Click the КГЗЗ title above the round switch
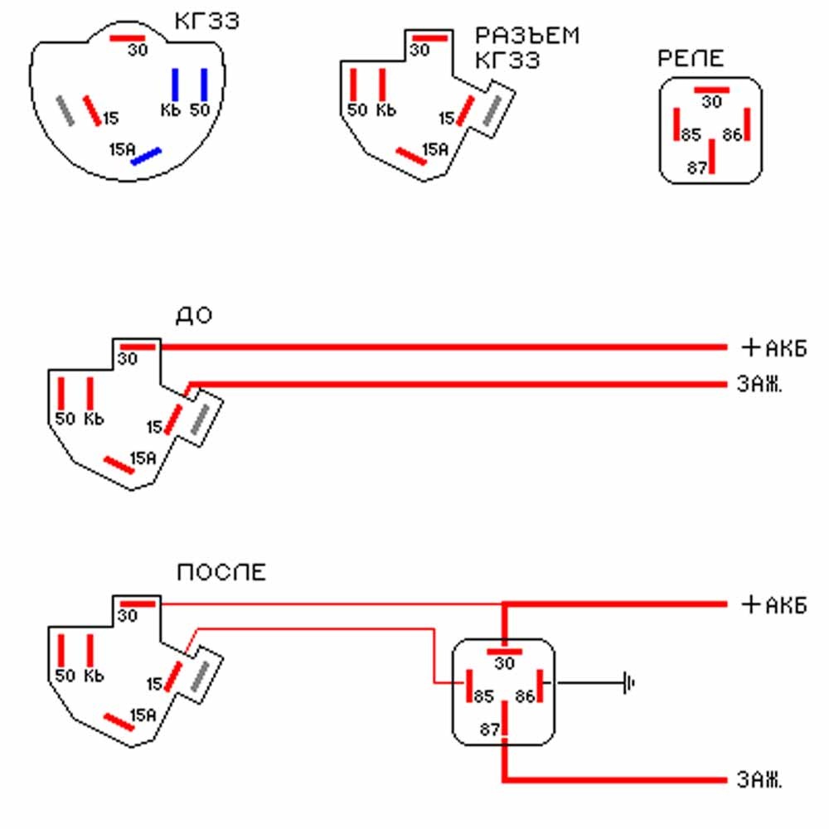[206, 22]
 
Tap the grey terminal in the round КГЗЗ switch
[65, 110]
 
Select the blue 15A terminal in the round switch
[146, 157]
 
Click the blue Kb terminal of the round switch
[175, 85]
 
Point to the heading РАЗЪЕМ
[527, 36]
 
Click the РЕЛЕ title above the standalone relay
[691, 58]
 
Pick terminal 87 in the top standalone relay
[711, 156]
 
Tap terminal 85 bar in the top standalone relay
[676, 124]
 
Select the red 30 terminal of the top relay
[711, 90]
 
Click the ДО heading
[194, 316]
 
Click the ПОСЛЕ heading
[221, 573]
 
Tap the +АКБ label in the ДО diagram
[774, 348]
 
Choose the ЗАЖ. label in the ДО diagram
[759, 385]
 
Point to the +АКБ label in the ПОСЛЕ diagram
[774, 605]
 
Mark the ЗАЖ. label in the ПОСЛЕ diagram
[759, 780]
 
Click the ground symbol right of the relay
[628, 683]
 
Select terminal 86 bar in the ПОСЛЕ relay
[540, 686]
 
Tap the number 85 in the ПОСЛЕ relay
[483, 696]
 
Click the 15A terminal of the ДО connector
[119, 465]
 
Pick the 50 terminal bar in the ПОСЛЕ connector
[61, 651]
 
